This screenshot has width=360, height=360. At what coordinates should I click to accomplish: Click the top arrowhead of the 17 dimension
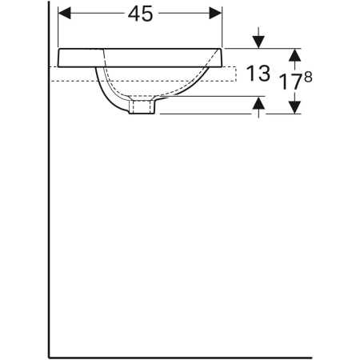(x=294, y=54)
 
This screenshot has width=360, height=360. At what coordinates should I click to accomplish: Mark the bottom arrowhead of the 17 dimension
(x=294, y=106)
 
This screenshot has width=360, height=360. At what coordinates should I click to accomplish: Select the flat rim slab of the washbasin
(x=141, y=56)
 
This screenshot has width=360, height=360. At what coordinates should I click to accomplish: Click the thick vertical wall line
(x=49, y=200)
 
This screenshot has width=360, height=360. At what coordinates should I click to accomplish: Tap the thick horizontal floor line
(x=200, y=354)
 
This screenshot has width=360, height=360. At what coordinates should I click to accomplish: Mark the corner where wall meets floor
(x=49, y=354)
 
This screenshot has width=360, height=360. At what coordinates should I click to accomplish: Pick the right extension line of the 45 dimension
(x=222, y=28)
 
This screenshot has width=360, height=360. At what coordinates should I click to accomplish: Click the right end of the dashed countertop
(x=238, y=74)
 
